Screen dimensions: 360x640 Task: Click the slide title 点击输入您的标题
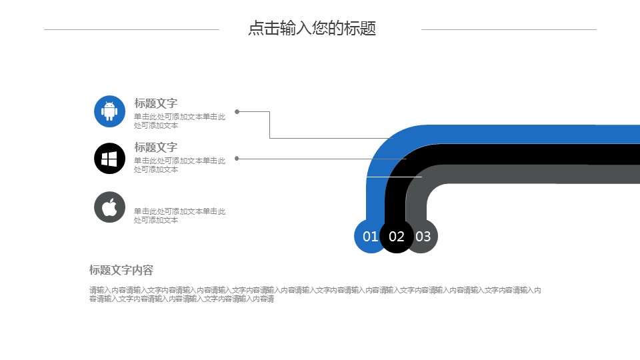point(312,29)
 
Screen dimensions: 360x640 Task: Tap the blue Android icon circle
point(110,111)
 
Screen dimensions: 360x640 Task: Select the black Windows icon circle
point(110,159)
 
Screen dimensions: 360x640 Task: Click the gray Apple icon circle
point(110,207)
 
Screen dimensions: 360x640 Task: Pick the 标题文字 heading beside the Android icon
point(156,103)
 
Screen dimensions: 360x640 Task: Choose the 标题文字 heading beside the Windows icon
point(156,147)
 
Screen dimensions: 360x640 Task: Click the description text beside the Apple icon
point(179,215)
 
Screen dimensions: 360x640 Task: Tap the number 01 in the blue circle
point(370,237)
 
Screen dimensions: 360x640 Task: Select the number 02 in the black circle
point(397,237)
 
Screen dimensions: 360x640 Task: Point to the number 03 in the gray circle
point(423,237)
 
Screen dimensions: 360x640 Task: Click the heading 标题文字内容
point(121,270)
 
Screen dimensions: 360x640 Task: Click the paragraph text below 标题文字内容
point(315,294)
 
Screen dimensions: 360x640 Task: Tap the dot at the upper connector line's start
point(237,112)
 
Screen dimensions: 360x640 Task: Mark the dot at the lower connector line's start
point(237,159)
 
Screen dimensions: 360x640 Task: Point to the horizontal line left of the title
point(131,29)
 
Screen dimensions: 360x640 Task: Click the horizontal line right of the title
point(509,29)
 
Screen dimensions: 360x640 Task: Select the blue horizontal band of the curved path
point(533,134)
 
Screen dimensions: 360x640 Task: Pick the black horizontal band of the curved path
point(533,154)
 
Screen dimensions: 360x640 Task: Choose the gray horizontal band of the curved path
point(533,174)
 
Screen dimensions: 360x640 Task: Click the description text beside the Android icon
point(179,121)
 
